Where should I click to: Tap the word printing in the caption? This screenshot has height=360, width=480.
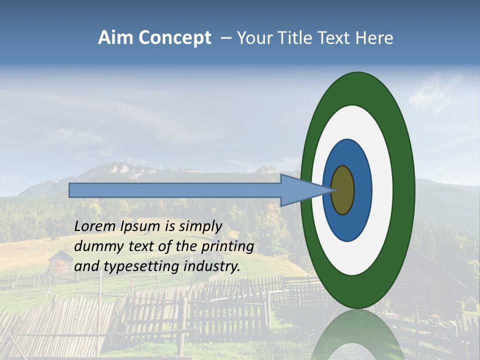click(228, 247)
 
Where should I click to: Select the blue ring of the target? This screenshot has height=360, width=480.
click(361, 190)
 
